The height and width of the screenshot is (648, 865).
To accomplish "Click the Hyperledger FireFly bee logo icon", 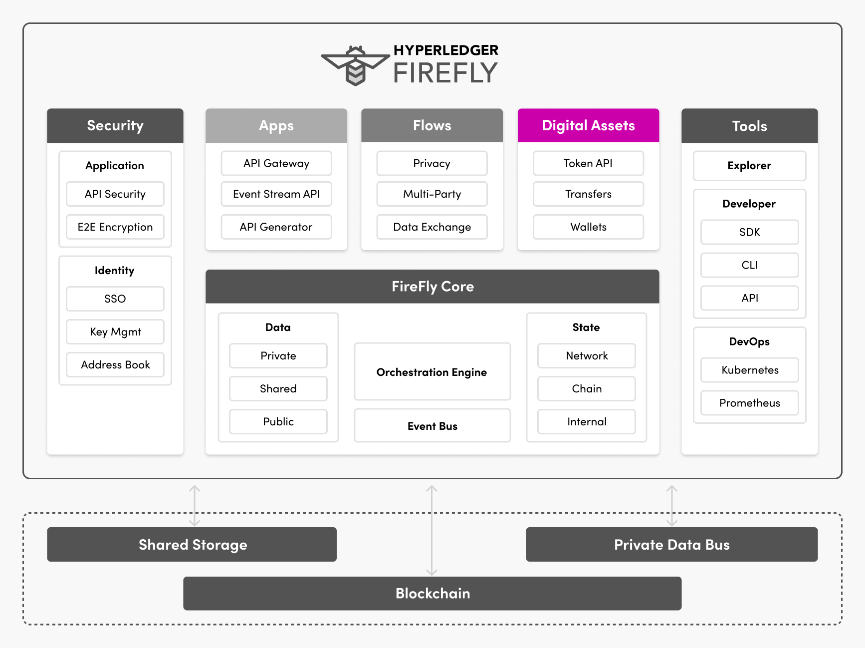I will (355, 65).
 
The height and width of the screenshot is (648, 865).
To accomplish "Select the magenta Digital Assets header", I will (588, 126).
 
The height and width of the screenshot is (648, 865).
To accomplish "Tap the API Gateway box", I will (276, 163).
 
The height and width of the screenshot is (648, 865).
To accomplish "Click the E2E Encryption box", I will (115, 227).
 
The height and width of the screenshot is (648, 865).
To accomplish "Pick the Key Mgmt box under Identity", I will (115, 332).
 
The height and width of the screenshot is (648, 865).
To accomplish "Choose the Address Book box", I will (115, 365).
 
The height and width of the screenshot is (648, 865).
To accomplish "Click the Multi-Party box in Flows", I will (432, 194).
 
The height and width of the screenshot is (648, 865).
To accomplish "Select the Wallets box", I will (588, 227).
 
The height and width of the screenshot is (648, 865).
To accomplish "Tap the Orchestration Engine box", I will (432, 372).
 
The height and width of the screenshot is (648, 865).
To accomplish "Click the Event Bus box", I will (432, 426).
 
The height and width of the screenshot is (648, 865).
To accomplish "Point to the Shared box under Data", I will (278, 389).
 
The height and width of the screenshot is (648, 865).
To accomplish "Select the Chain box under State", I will (587, 389).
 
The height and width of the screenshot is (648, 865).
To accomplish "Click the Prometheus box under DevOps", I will (749, 403).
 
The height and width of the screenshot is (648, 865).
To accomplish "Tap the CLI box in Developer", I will (749, 265).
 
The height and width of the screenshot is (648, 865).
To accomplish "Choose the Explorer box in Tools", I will (749, 166).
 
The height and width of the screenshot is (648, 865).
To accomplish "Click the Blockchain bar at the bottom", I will (432, 593).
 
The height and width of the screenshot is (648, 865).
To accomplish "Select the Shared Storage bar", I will (192, 545).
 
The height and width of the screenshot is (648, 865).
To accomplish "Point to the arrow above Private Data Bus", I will (672, 505).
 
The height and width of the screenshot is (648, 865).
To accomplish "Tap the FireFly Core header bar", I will (432, 287).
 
